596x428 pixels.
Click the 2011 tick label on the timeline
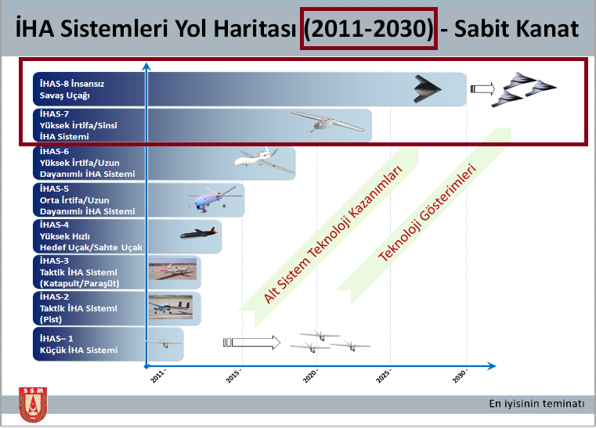[158, 376]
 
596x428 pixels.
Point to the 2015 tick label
[233, 376]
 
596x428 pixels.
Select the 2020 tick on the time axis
[310, 376]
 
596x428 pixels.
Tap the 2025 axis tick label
[383, 376]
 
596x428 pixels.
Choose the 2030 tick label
[460, 376]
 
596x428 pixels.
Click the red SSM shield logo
[33, 405]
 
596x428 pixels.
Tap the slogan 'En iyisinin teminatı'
[536, 403]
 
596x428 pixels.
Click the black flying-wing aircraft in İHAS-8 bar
[428, 89]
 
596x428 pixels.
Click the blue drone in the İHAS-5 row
[214, 199]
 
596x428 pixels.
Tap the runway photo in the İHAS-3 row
[172, 269]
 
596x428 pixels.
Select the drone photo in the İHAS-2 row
[171, 307]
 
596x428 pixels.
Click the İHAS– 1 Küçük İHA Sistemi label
[78, 344]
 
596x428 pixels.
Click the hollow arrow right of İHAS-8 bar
[482, 89]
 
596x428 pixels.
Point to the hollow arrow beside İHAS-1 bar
[251, 342]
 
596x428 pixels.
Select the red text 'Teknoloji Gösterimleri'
[428, 213]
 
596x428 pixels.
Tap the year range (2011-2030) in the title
[368, 28]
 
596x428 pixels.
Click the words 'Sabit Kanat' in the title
[517, 28]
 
